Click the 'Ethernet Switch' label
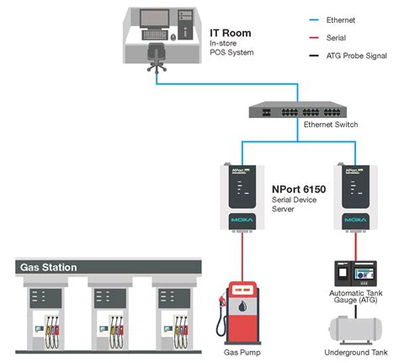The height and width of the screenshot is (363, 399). [x=332, y=125]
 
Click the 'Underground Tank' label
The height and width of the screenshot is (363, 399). [x=355, y=352]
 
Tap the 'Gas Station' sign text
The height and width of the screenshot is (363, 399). [x=49, y=268]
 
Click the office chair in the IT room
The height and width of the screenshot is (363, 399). [x=157, y=54]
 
